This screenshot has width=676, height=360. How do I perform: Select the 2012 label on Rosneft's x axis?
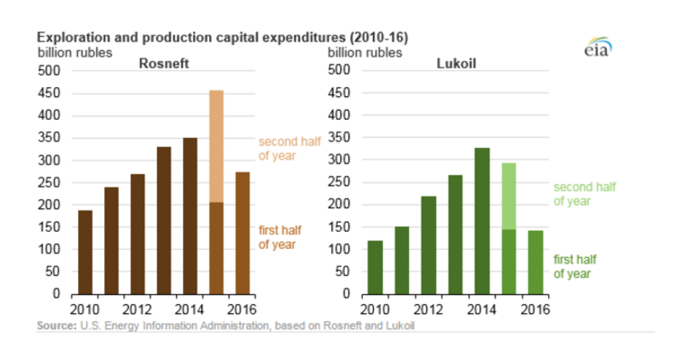[137, 309]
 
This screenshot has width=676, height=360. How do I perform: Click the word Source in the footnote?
[56, 327]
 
